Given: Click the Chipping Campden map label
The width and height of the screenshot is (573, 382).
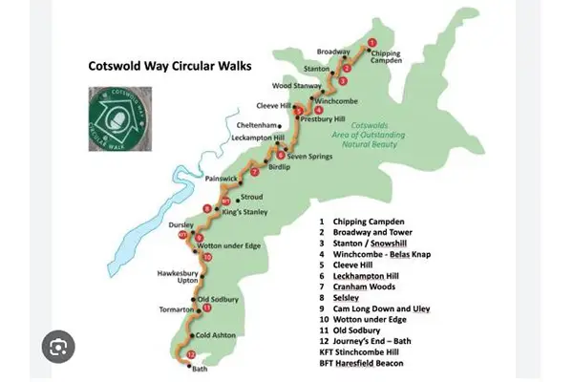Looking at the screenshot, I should (385, 57).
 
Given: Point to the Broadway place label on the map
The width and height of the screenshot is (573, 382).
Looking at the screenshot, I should (332, 52).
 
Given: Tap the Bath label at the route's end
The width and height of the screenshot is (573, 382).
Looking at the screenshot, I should (199, 368).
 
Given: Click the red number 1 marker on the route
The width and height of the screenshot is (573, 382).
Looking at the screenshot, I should (371, 42).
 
